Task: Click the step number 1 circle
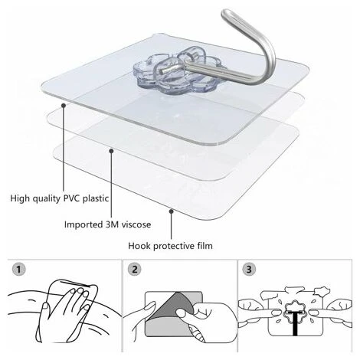(18, 270)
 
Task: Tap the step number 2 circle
(135, 270)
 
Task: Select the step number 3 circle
(249, 270)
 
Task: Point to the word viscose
(136, 224)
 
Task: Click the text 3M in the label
(112, 224)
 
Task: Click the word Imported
(83, 224)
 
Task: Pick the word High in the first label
(19, 198)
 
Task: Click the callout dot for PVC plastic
(64, 105)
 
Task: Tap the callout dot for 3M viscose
(111, 151)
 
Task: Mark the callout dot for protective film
(172, 211)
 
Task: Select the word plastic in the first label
(96, 198)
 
